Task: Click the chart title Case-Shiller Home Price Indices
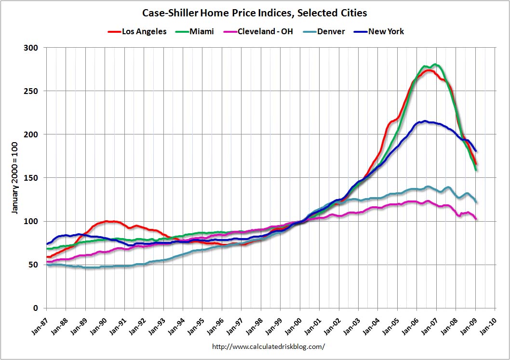click(255, 13)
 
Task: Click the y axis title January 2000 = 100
click(16, 178)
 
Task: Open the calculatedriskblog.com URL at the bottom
click(268, 346)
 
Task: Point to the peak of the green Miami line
click(435, 65)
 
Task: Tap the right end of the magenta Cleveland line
click(476, 219)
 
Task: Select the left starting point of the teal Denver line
click(47, 265)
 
